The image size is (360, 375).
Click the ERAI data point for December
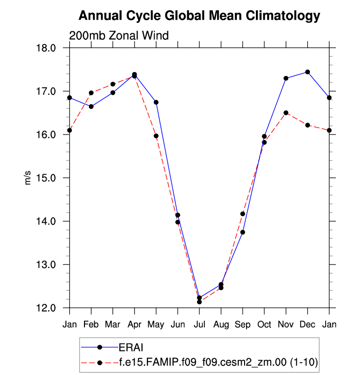click(307, 72)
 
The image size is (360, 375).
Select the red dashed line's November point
click(286, 113)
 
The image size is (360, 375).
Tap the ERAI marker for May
click(156, 102)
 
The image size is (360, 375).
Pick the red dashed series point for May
click(156, 136)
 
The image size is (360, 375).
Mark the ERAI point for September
click(243, 232)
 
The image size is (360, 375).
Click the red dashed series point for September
click(243, 214)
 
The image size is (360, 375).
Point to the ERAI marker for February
click(91, 107)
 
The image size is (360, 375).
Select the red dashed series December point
click(307, 125)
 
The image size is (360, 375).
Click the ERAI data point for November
click(286, 78)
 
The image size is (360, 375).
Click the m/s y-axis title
click(28, 178)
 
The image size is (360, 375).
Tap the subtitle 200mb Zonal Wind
click(119, 35)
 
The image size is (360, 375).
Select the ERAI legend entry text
click(129, 347)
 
